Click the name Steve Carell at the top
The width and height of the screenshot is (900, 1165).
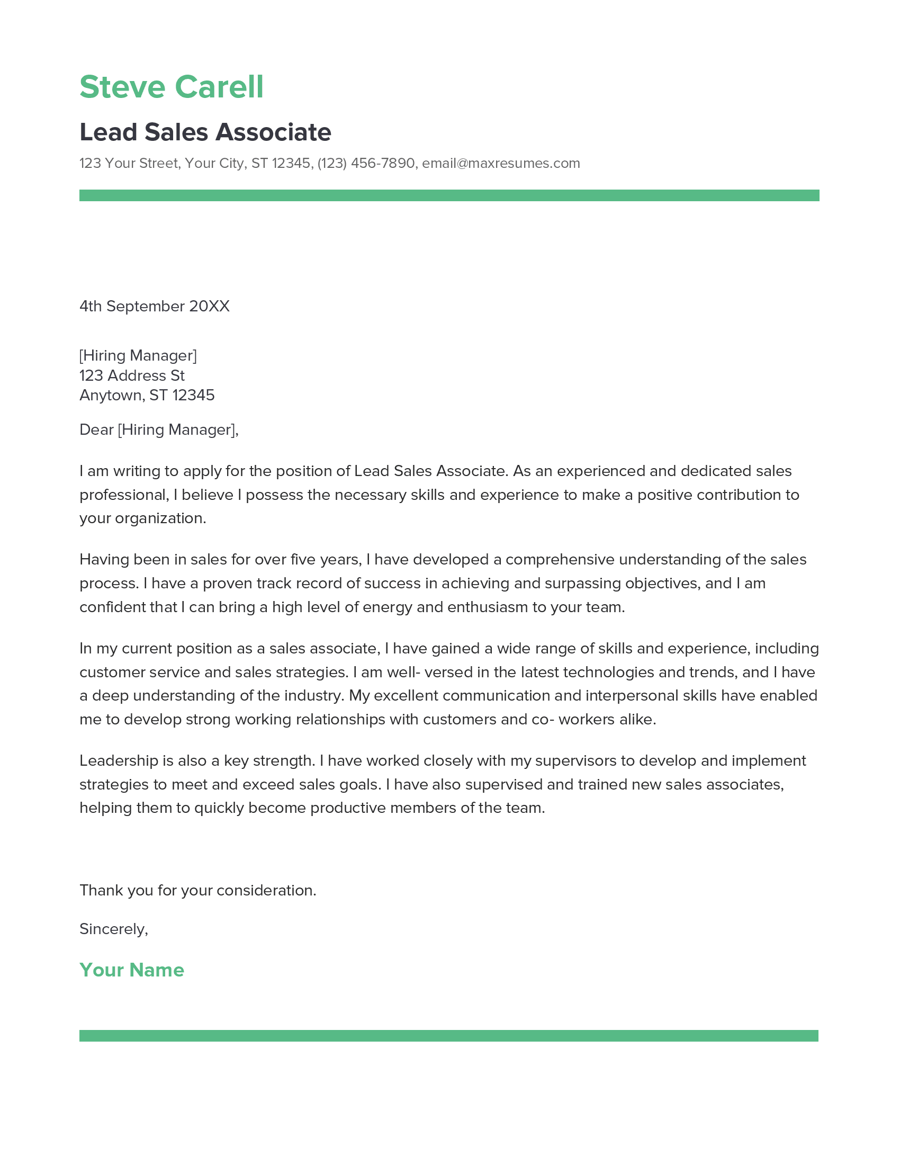click(171, 87)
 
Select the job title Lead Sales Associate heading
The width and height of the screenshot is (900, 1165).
click(205, 132)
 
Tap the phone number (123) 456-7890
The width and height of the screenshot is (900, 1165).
click(366, 163)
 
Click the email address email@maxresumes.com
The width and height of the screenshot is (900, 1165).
click(501, 163)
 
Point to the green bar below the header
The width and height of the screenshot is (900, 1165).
click(449, 195)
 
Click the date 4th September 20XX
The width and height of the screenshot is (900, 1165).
click(154, 306)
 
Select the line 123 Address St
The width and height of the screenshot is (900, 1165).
click(132, 375)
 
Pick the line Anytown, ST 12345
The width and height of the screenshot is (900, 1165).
click(147, 395)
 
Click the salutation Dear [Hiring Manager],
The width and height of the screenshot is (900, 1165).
click(159, 429)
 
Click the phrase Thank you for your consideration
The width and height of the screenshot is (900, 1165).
click(198, 890)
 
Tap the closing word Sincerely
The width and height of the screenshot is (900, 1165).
click(113, 929)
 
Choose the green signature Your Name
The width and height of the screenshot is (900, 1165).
click(132, 970)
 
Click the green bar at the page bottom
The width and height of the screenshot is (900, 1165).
click(449, 1036)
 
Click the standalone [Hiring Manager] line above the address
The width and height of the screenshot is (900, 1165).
click(138, 355)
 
